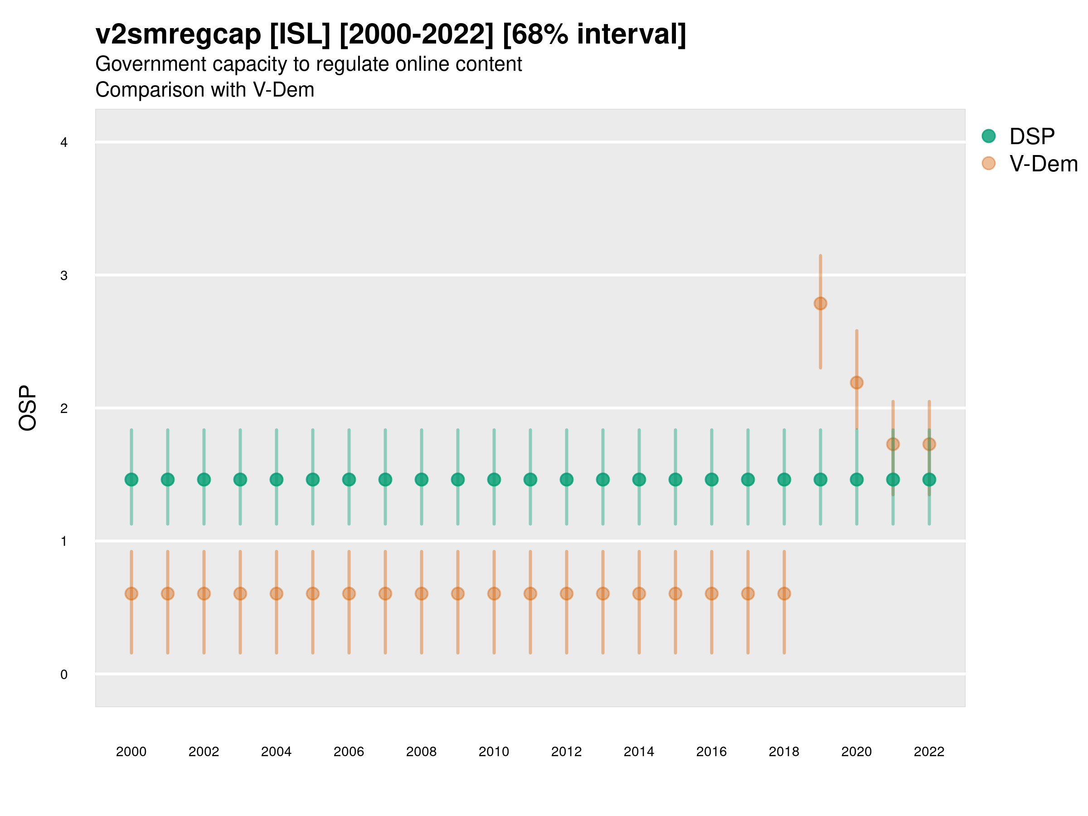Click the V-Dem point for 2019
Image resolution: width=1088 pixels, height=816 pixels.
821,303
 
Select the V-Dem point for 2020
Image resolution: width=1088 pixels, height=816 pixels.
856,382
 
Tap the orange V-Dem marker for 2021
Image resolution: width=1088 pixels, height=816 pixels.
893,444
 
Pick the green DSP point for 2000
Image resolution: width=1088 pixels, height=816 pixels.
131,479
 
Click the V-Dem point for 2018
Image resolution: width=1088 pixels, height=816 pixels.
784,594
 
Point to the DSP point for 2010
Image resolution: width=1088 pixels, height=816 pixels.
494,479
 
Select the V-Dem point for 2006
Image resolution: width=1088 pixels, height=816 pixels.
349,594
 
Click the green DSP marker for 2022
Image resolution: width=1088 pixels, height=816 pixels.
929,479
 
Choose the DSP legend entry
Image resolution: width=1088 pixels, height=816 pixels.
1031,136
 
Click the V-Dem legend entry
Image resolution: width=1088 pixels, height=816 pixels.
1043,163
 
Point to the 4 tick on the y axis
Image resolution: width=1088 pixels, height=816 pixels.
64,143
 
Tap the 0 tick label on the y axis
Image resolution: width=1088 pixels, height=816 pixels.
64,675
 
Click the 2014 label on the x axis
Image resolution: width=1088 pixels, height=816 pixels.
638,752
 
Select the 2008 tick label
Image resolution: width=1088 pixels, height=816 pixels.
421,752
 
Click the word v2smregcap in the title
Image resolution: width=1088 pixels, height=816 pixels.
178,34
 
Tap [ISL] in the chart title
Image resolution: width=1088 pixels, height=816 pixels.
300,34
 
